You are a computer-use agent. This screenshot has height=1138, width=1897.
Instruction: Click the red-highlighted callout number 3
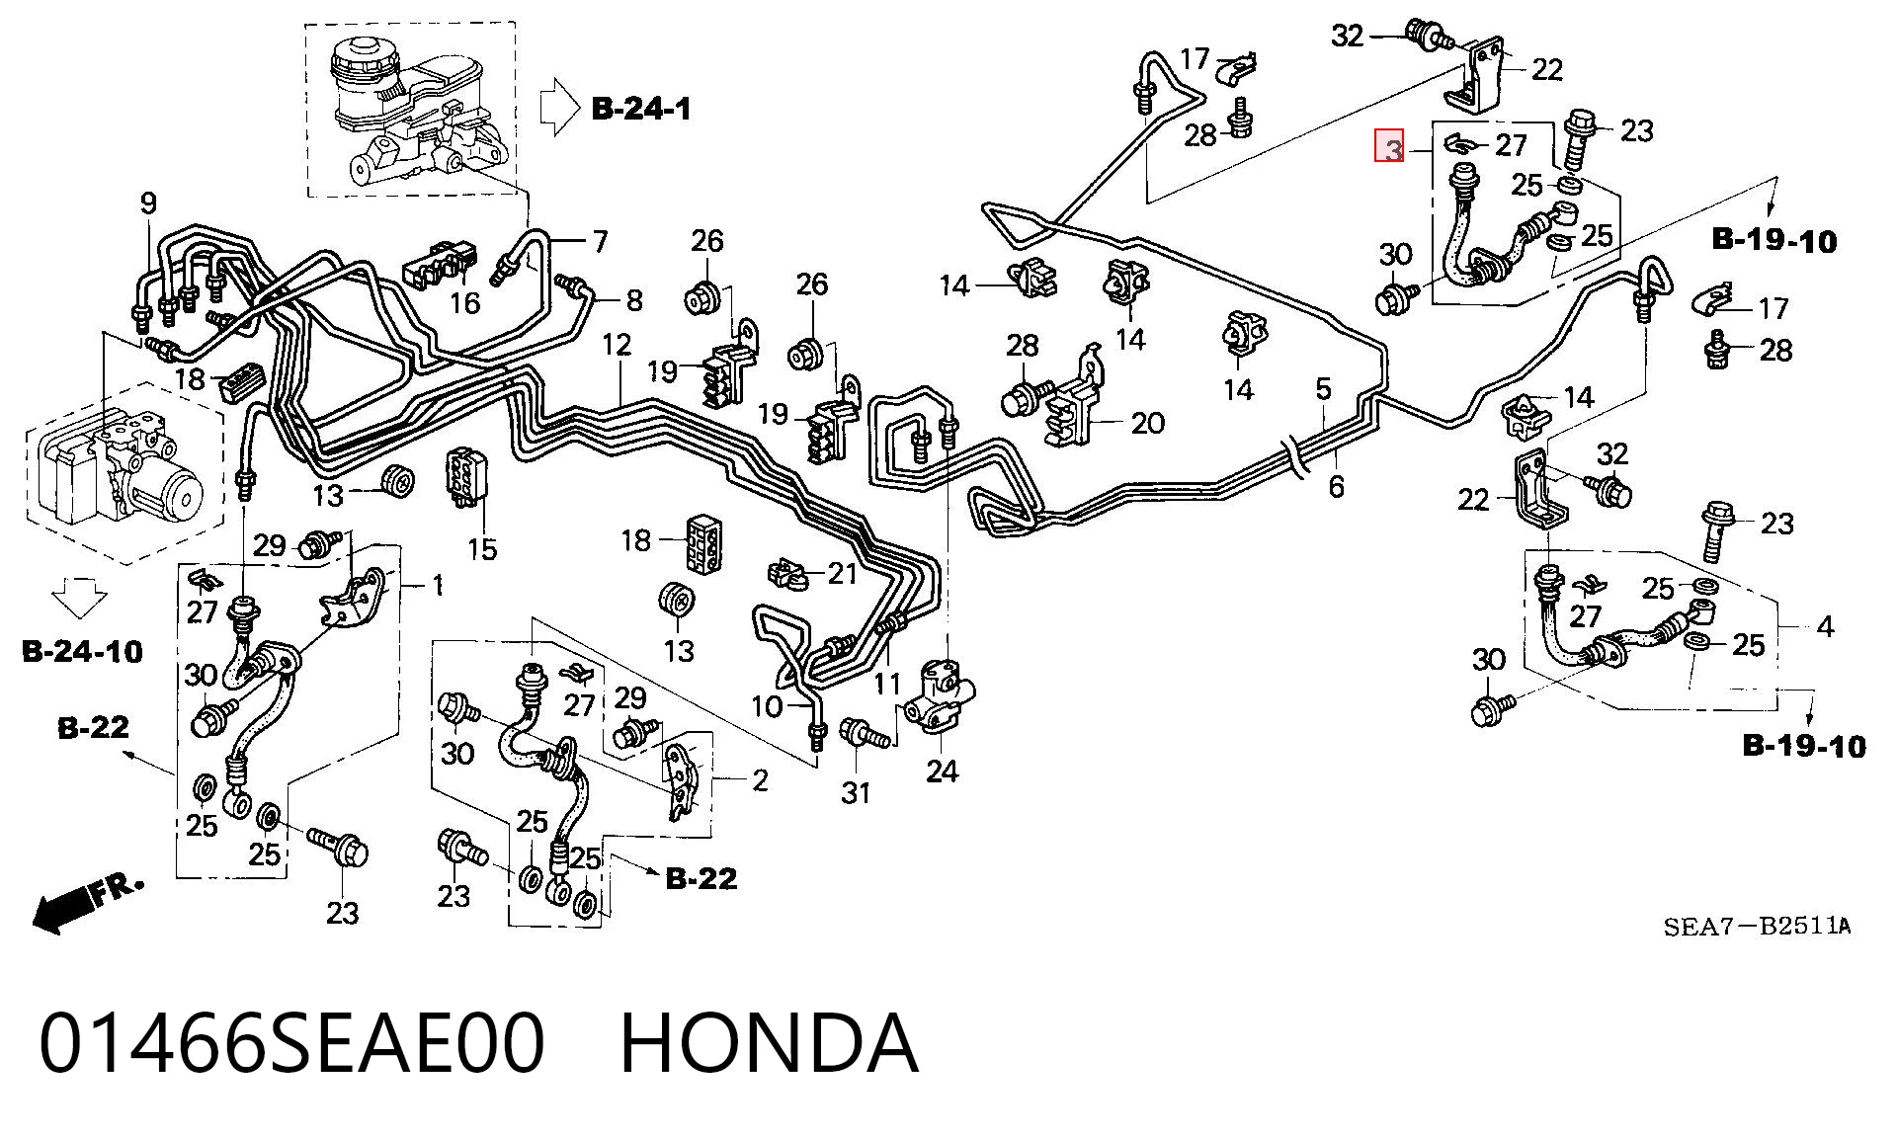pos(1391,147)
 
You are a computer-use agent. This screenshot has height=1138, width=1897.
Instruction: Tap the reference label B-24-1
pos(641,109)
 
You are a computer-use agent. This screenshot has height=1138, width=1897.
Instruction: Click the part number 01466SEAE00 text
pos(291,1043)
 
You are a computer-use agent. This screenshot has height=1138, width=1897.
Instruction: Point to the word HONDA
pos(769,1043)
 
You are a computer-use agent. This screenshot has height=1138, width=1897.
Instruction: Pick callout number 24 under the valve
pos(942,772)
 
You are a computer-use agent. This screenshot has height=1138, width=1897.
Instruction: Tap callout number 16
pos(464,303)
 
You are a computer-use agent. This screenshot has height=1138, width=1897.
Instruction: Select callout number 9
pos(148,204)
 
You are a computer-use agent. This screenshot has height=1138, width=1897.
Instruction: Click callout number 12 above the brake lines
pos(617,345)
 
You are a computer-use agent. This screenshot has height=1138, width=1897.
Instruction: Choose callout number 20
pos(1147,423)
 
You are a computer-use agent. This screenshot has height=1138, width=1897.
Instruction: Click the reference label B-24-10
pos(82,651)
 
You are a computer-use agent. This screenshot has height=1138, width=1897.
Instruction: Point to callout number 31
pos(856,792)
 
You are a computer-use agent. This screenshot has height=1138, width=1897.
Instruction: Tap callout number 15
pos(482,549)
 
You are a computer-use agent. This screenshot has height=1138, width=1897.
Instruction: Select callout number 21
pos(842,573)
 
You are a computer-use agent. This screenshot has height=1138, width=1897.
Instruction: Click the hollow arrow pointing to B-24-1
pos(559,106)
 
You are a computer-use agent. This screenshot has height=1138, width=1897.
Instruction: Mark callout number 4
pos(1825,626)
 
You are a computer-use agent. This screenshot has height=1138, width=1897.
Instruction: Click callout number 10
pos(767,706)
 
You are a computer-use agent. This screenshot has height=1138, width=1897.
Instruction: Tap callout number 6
pos(1336,486)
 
